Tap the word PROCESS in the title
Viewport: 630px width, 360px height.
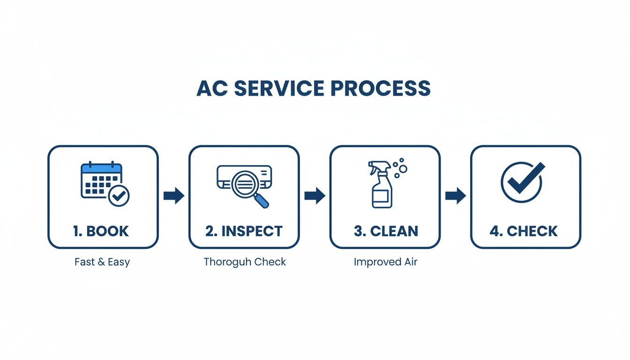tap(381, 89)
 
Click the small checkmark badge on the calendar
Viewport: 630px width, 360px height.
tap(119, 196)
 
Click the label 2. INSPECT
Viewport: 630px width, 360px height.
tap(244, 231)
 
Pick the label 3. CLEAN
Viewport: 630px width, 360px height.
tap(386, 231)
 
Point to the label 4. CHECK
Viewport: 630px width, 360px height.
tap(524, 231)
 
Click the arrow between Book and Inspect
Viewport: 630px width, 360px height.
tap(174, 196)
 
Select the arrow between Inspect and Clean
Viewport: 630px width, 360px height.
tap(315, 196)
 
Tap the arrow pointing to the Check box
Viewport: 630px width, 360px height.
tap(455, 196)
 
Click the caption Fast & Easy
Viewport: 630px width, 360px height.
tap(102, 262)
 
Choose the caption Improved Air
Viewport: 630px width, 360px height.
tap(385, 262)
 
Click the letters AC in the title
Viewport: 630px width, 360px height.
tap(210, 89)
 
